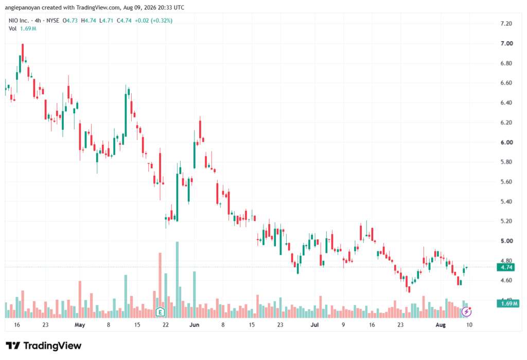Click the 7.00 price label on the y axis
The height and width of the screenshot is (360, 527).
click(506, 43)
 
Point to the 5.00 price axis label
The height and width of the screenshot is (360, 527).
click(506, 241)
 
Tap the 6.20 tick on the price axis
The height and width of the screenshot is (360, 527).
click(506, 123)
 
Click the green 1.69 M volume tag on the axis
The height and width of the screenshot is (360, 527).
click(508, 303)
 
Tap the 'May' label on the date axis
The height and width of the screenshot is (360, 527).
click(80, 325)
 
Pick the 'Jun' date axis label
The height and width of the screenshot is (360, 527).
click(194, 325)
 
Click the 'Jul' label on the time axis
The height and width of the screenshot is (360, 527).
click(314, 325)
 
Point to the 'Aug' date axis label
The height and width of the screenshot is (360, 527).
click(441, 325)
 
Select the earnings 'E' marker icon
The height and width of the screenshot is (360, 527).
click(161, 312)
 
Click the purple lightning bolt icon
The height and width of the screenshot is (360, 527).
click(466, 312)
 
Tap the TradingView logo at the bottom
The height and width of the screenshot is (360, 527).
click(44, 346)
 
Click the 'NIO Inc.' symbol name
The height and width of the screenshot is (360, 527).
click(19, 21)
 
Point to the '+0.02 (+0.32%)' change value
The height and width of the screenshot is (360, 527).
click(153, 21)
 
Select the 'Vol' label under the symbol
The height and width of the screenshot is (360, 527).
click(12, 29)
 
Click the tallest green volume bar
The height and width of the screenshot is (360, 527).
click(177, 280)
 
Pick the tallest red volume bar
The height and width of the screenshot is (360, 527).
click(160, 285)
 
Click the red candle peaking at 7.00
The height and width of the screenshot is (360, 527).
click(23, 53)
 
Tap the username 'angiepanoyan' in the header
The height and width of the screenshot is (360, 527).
click(23, 7)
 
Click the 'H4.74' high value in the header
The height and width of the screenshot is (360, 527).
click(89, 21)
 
